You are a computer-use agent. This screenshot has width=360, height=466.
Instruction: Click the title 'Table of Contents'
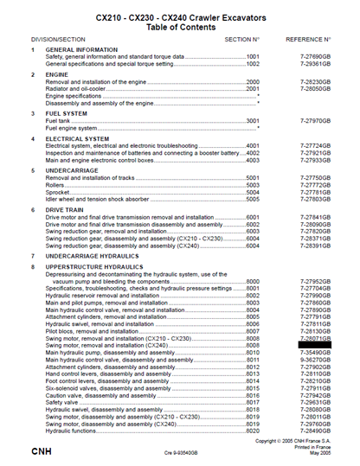(x=181, y=24)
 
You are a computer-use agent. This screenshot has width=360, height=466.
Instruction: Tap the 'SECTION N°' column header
(x=242, y=40)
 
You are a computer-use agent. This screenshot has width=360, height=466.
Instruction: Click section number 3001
(x=253, y=121)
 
